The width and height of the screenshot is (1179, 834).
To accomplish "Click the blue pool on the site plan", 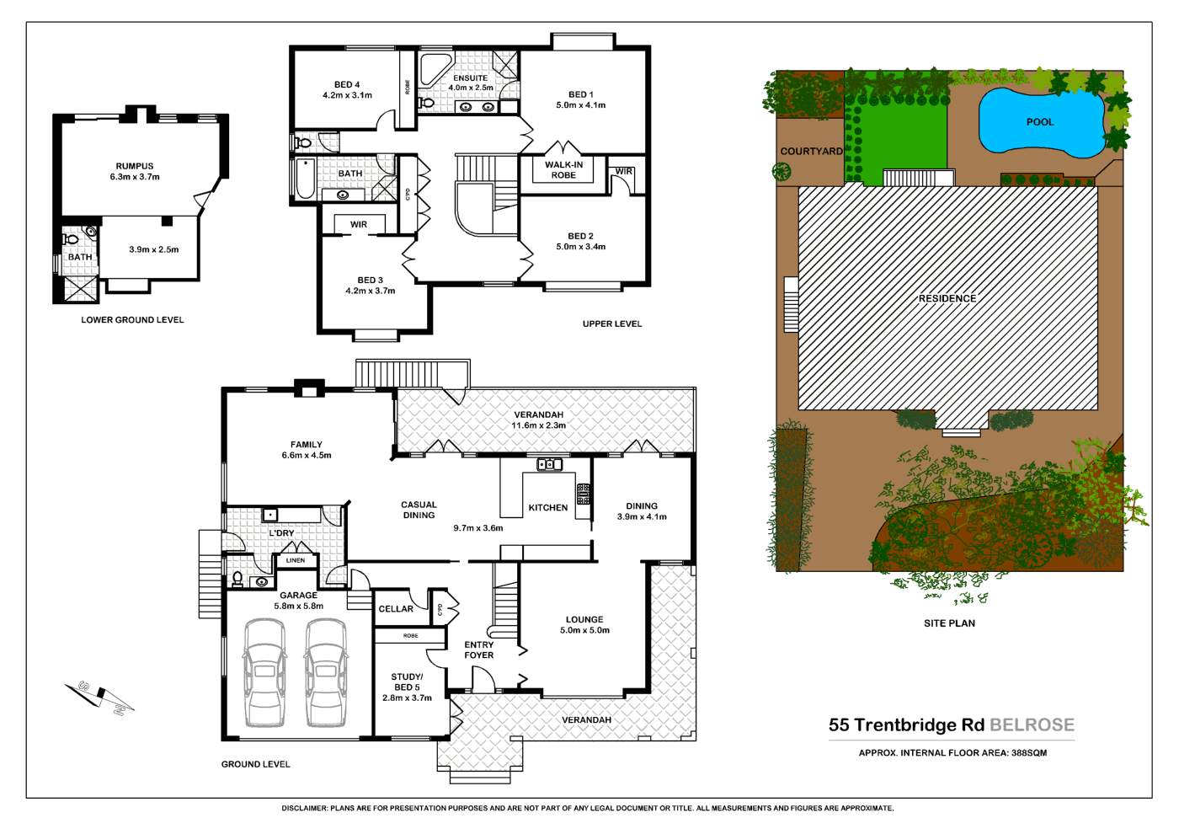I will [1040, 123].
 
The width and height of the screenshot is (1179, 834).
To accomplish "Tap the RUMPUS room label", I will [135, 167].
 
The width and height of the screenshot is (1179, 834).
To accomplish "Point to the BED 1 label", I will [580, 95].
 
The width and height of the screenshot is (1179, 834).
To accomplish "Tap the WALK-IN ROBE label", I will [563, 170].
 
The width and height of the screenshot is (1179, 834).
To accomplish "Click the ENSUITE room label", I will [470, 78].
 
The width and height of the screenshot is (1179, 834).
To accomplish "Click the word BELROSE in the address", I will [1032, 725].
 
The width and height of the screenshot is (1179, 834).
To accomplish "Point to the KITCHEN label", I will [548, 508].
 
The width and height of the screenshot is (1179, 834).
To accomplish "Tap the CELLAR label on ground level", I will [396, 609].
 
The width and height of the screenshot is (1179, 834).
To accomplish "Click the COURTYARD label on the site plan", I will [811, 152].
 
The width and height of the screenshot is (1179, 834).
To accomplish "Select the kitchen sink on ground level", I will [549, 464].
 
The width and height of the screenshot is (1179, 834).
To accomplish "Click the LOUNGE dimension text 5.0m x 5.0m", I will [584, 630].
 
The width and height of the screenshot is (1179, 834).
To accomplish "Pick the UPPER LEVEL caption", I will [612, 323].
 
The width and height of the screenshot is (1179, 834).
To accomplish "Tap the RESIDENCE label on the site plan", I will [947, 298].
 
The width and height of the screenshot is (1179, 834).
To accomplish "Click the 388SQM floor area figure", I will [1029, 753].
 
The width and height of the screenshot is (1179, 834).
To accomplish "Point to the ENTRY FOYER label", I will [479, 650].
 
